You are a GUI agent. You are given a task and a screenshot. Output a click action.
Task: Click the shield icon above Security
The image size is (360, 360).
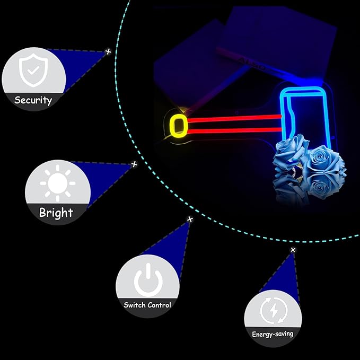(33, 70)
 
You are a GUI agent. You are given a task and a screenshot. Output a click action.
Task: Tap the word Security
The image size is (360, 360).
(33, 100)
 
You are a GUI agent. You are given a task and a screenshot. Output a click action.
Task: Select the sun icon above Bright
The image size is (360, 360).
(58, 183)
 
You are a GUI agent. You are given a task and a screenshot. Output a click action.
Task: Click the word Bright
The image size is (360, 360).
(56, 213)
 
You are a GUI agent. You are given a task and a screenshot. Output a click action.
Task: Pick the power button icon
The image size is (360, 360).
(148, 280)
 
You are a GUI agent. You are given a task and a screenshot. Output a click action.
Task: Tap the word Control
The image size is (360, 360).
(159, 305)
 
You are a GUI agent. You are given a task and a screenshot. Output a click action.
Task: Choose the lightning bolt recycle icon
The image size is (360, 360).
(274, 311)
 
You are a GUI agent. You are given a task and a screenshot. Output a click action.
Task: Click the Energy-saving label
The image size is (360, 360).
(273, 334)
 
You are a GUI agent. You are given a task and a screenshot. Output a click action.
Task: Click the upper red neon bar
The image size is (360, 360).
(234, 118)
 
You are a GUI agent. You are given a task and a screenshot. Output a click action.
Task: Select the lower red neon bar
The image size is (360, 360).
(234, 131)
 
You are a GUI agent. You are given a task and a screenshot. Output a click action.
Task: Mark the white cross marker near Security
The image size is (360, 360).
(108, 51)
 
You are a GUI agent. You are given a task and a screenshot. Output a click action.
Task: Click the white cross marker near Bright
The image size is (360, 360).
(134, 164)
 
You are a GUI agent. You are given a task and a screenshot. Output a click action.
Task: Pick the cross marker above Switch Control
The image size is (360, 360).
(190, 219)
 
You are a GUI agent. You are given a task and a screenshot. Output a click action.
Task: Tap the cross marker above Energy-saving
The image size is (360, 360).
(293, 250)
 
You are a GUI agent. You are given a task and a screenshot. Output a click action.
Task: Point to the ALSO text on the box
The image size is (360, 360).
(251, 64)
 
